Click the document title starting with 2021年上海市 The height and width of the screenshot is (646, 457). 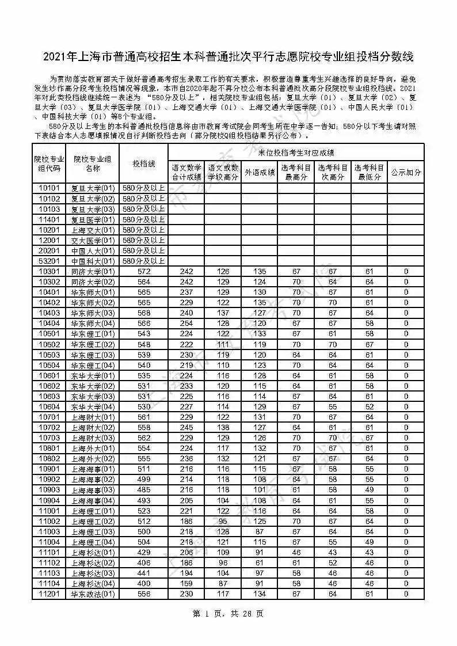pyautogui.click(x=228, y=57)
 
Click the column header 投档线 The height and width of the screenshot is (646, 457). pyautogui.click(x=144, y=164)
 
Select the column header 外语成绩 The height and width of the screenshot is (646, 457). pyautogui.click(x=260, y=172)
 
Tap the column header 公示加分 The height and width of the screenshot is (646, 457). pyautogui.click(x=406, y=172)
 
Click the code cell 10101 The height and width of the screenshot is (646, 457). pyautogui.click(x=49, y=188)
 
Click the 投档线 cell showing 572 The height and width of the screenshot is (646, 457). pyautogui.click(x=144, y=271)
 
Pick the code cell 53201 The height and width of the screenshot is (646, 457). pyautogui.click(x=49, y=261)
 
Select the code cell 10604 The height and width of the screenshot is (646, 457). pyautogui.click(x=49, y=406)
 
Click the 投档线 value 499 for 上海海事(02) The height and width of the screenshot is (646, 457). pyautogui.click(x=144, y=479)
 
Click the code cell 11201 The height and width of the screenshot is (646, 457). pyautogui.click(x=49, y=594)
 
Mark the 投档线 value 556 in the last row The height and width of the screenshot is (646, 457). pyautogui.click(x=144, y=594)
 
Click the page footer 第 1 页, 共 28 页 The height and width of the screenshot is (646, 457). pyautogui.click(x=228, y=614)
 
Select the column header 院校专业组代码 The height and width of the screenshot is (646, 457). pyautogui.click(x=49, y=164)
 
